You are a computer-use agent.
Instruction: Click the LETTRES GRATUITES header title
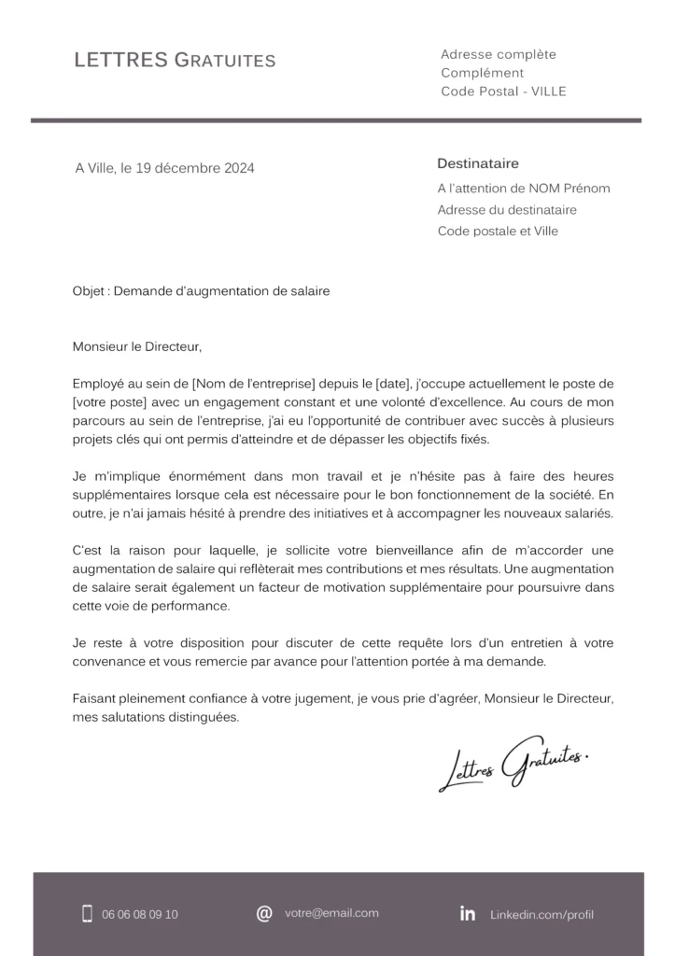175,61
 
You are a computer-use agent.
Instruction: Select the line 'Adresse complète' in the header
498,54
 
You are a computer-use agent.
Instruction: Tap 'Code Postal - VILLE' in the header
503,91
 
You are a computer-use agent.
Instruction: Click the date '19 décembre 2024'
195,168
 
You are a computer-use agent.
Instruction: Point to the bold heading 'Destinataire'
478,163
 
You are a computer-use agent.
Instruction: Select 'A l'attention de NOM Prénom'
523,189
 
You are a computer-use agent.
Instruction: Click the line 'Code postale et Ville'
498,231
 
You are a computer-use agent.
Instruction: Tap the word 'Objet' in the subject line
90,291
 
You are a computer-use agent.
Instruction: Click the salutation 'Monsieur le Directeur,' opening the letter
137,346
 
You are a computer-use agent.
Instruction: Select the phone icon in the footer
87,914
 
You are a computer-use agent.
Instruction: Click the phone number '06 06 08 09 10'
140,915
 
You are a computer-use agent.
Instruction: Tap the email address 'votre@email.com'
331,913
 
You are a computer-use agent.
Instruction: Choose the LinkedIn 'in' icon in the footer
468,914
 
